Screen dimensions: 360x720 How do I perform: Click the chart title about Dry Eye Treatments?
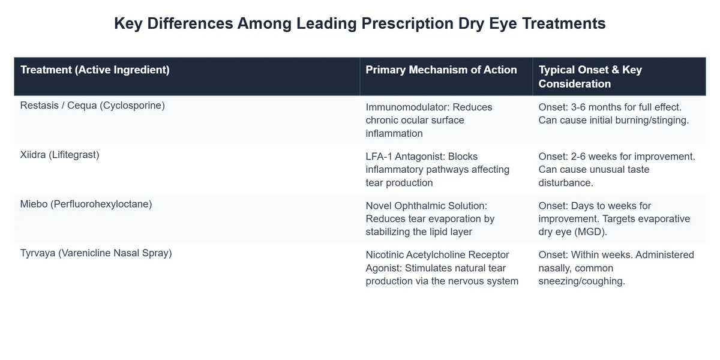coord(359,23)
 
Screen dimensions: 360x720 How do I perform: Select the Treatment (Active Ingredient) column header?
coord(95,70)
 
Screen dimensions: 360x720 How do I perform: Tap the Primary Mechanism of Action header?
coord(441,70)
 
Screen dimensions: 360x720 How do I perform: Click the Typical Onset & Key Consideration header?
coord(590,76)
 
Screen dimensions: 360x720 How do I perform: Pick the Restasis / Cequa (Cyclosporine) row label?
coord(92,106)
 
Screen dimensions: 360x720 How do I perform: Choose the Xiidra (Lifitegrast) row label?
coord(59,155)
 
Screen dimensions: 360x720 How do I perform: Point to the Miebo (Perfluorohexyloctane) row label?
coord(86,204)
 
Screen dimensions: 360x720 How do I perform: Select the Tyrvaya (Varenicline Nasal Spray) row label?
coord(96,253)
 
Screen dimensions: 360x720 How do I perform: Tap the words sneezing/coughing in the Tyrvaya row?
coord(581,281)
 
